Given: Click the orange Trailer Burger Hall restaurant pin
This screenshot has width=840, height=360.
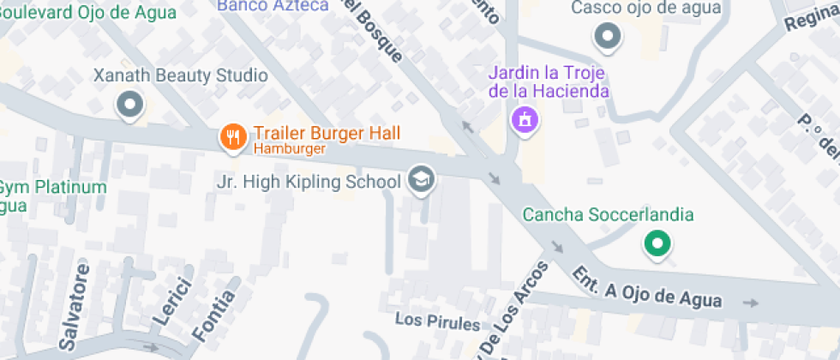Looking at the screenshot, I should point(232,136).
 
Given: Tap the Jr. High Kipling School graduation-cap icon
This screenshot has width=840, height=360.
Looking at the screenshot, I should point(421,180).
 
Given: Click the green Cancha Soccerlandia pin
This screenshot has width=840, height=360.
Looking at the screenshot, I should point(657,243).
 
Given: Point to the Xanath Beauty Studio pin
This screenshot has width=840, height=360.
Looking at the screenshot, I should point(130,105).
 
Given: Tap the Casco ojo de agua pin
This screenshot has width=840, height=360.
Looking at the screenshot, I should point(608,36).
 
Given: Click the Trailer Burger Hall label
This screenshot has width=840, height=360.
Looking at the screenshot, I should point(327,133).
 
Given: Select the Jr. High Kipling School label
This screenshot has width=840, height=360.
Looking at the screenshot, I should point(309,182).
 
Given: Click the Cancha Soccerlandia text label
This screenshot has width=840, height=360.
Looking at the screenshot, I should point(608,214).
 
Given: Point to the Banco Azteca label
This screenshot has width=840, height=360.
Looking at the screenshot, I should point(273,5).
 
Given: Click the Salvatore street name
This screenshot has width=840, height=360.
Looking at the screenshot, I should point(75,306).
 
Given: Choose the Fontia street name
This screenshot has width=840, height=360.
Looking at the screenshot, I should point(220,312).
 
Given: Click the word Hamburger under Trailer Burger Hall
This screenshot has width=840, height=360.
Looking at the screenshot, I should point(289,149).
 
